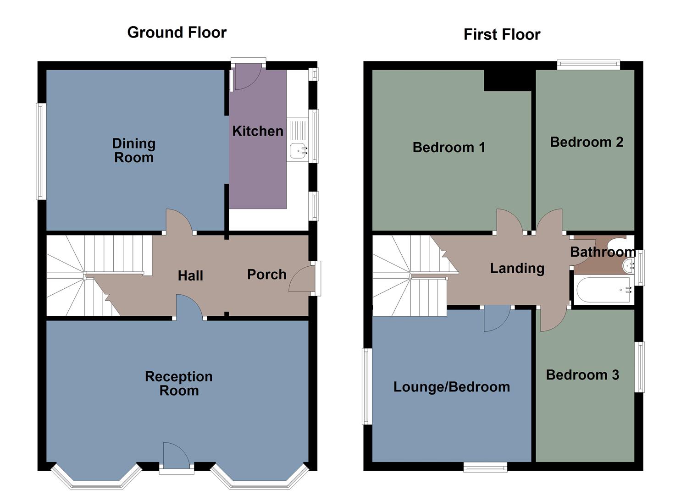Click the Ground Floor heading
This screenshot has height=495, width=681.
point(177,33)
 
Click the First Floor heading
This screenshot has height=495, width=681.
point(502,34)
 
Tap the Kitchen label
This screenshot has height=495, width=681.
point(257,131)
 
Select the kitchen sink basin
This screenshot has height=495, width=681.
point(298,150)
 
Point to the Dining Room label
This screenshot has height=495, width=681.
point(134,150)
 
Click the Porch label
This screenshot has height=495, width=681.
point(266,275)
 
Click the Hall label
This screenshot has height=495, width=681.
point(190,275)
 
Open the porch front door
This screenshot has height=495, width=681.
point(300,280)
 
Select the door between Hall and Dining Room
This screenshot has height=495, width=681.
point(180,221)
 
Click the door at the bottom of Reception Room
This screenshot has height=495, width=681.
point(176,456)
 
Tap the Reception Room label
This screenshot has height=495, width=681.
point(179,384)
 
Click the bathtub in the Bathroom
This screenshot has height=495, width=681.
point(602,290)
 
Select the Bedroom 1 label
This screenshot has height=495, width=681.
point(448,148)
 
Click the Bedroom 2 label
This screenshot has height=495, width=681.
point(587,142)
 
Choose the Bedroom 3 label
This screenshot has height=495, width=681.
point(582,375)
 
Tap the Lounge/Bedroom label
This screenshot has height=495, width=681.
point(452,387)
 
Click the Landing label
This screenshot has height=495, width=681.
point(517,268)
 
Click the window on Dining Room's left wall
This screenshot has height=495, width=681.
point(41,151)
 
